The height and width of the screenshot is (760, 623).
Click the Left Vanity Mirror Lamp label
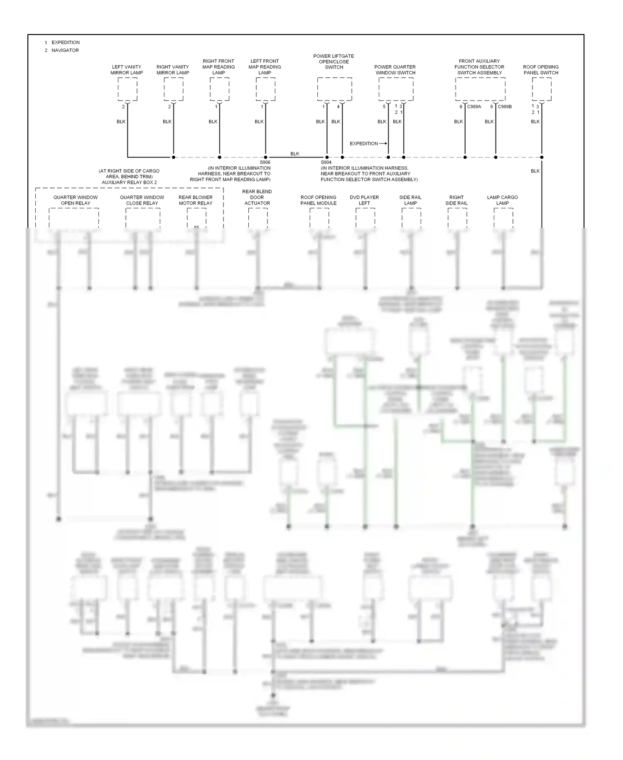pos(127,70)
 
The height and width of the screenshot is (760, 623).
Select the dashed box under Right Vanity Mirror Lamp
pos(173,89)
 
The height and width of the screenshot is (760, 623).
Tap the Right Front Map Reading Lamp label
pos(219,67)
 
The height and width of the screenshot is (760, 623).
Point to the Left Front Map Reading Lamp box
pos(265,89)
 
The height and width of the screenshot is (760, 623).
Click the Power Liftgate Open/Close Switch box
pos(334,89)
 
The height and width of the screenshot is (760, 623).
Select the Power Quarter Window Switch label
pos(395,70)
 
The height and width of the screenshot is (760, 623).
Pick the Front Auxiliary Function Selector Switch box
pos(480,89)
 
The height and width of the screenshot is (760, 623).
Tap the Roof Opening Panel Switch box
pos(542,89)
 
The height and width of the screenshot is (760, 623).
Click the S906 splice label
pos(265,163)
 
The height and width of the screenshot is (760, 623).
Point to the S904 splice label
pos(326,163)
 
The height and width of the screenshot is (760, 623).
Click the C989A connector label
pos(474,107)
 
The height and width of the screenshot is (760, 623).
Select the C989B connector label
pos(505,107)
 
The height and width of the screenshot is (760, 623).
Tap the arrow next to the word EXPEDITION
pos(383,143)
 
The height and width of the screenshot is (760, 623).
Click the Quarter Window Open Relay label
pos(76,200)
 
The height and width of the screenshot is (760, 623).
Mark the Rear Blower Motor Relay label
pos(196,200)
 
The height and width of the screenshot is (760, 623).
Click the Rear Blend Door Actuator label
pos(257,197)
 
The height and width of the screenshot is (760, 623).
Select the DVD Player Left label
pos(364,200)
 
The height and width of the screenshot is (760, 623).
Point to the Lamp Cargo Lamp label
pos(503,200)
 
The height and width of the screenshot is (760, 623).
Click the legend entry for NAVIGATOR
pos(65,50)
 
